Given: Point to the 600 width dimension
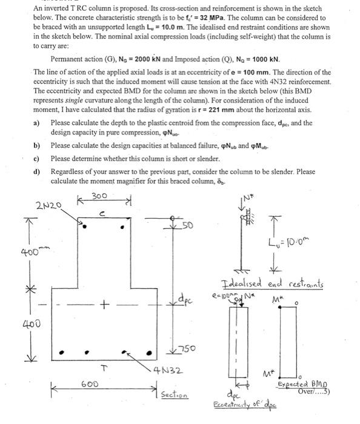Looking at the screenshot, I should pyautogui.click(x=90, y=384).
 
